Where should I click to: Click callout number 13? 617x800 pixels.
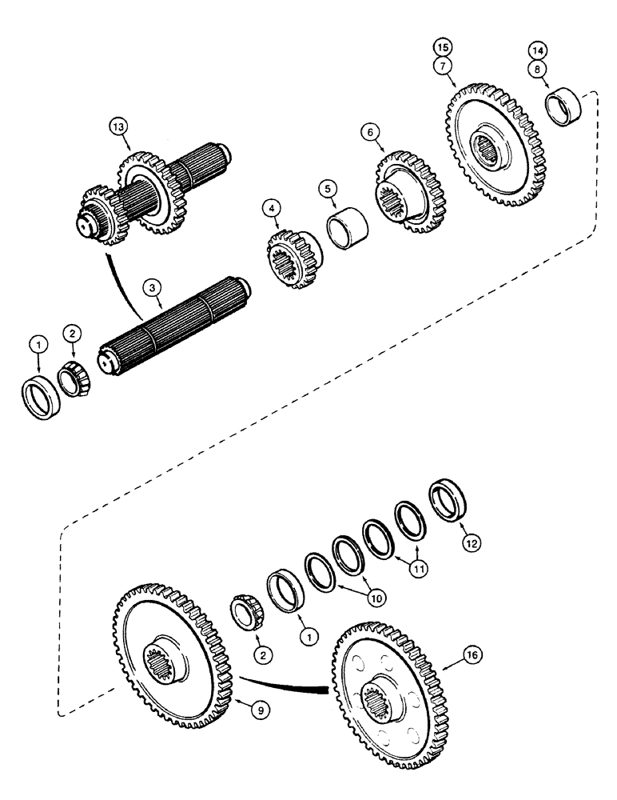point(119,126)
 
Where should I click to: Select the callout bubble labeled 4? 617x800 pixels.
point(273,209)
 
